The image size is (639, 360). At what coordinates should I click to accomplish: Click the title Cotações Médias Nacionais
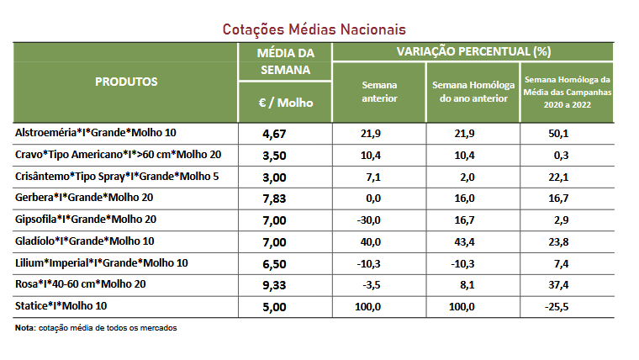click(314, 29)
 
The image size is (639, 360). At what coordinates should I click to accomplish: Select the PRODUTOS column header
click(126, 82)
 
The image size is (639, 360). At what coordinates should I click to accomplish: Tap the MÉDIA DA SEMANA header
click(286, 61)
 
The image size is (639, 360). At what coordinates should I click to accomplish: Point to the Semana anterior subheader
click(379, 92)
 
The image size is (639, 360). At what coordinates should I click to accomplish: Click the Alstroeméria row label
click(97, 133)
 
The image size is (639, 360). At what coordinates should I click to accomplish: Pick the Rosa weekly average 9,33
click(286, 285)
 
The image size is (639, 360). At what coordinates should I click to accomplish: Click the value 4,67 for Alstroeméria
click(286, 133)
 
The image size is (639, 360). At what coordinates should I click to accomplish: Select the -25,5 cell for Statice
click(556, 306)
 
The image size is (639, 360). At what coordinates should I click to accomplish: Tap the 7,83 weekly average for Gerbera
click(286, 198)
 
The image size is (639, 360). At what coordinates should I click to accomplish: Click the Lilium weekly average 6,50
click(286, 263)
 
